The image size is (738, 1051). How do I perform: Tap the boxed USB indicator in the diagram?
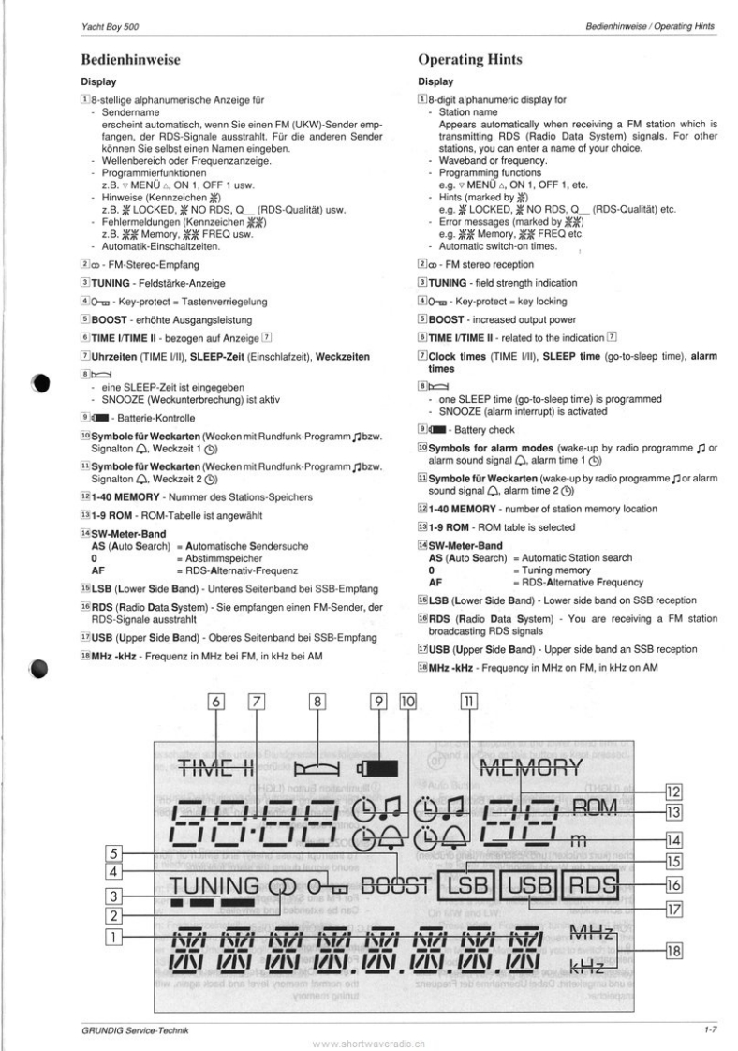pyautogui.click(x=528, y=883)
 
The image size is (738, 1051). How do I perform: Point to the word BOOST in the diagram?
pyautogui.click(x=394, y=883)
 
